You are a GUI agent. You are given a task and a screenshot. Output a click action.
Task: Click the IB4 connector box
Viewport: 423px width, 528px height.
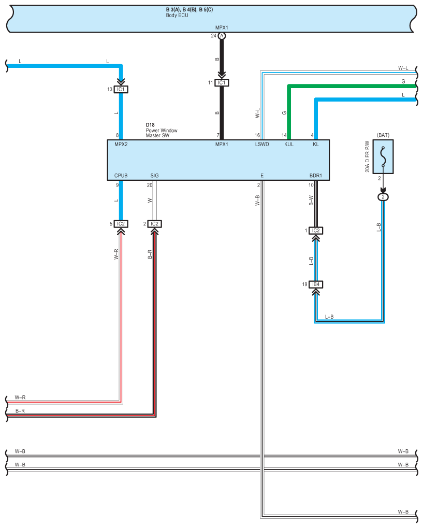315,284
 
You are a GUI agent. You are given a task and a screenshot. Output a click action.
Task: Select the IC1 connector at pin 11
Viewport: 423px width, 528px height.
222,82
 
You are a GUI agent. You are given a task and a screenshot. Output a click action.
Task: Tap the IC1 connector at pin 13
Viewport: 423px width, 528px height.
121,89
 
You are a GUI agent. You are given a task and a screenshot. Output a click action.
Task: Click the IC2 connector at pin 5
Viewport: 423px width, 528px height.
121,224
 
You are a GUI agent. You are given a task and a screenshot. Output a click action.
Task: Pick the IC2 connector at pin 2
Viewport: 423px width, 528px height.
154,224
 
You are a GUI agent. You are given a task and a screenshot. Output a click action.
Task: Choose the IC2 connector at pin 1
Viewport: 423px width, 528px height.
316,231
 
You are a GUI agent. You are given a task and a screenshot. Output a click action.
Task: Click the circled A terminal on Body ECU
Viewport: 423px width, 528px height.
222,36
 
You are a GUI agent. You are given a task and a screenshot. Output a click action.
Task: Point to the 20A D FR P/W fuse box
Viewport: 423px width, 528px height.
383,155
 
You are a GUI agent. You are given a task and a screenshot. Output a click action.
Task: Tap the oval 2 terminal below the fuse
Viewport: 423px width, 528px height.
383,197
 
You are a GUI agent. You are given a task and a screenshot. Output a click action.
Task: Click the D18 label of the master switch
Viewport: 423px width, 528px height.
150,125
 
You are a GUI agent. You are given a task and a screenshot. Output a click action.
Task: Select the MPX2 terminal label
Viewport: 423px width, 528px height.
121,145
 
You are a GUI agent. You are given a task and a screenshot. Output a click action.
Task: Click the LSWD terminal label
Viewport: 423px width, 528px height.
262,145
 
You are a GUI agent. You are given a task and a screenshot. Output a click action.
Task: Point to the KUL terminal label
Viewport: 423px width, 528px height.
289,145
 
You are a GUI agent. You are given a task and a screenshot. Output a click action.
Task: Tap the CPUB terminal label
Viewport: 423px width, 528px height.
121,176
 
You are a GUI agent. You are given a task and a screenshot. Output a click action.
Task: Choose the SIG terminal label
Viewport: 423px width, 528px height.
154,176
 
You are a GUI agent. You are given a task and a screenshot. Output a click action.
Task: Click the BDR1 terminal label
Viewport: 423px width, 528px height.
316,176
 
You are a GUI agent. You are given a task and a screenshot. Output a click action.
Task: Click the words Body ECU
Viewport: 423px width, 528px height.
177,16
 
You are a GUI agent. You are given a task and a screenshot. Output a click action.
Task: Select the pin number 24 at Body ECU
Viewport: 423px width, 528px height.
213,36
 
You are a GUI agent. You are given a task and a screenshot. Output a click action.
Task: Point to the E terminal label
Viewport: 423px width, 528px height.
262,176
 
